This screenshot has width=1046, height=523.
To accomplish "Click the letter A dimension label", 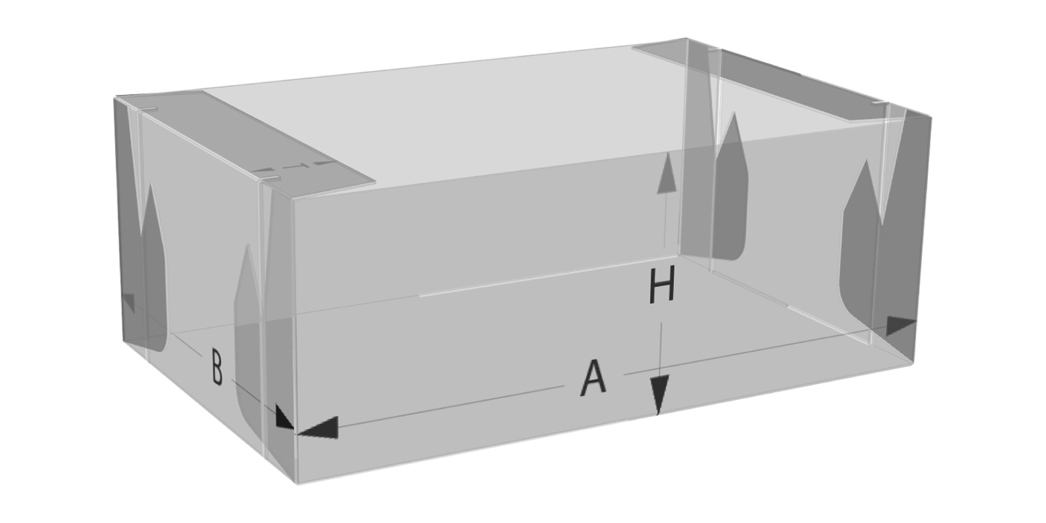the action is pyautogui.click(x=593, y=378).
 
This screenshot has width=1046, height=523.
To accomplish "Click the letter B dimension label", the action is pyautogui.click(x=217, y=367).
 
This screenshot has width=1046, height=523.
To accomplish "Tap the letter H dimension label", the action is pyautogui.click(x=662, y=284).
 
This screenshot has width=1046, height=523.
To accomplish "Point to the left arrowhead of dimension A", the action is pyautogui.click(x=318, y=427).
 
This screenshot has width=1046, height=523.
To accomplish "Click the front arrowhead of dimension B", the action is pyautogui.click(x=283, y=418).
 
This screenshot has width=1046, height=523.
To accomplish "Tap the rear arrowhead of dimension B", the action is pyautogui.click(x=129, y=303).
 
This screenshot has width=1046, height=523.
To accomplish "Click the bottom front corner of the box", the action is pyautogui.click(x=297, y=484).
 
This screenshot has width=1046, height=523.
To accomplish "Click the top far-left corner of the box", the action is pyautogui.click(x=115, y=97).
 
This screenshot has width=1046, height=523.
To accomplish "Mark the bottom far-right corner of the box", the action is pyautogui.click(x=913, y=365).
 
